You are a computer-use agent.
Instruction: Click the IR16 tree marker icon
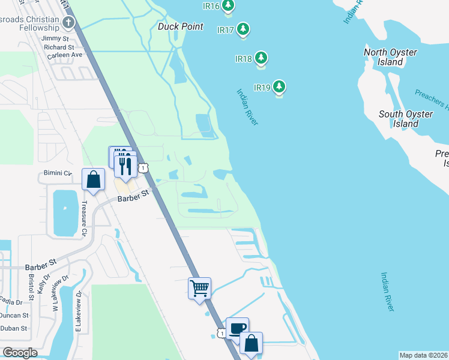click(228, 6)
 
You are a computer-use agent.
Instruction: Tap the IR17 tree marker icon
click(243, 29)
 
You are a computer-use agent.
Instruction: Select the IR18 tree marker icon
click(261, 58)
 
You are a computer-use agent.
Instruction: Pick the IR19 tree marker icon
click(279, 87)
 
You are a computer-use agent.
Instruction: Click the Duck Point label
click(181, 27)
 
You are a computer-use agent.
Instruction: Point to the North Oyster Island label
click(391, 57)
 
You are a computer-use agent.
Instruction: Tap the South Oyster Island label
click(406, 119)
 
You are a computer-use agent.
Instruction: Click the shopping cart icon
click(199, 288)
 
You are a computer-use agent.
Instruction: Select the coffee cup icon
click(237, 328)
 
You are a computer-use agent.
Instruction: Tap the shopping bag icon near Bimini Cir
click(94, 179)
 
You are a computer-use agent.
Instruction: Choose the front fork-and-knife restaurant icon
click(125, 163)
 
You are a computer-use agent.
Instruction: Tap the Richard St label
click(59, 46)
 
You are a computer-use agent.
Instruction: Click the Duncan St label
click(14, 315)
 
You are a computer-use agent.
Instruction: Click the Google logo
click(20, 353)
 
